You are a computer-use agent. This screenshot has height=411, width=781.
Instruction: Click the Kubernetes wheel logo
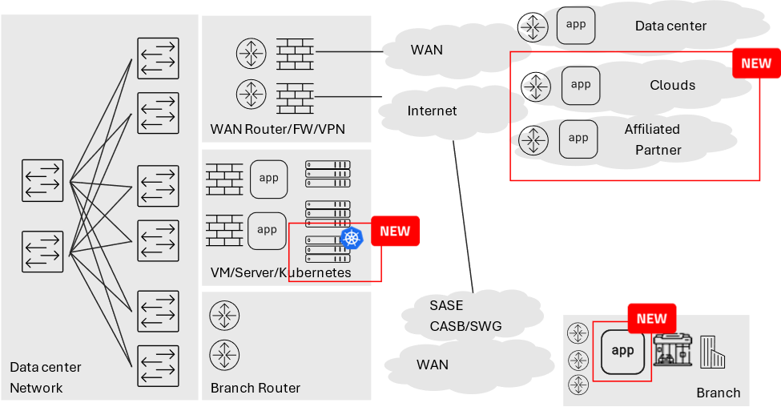point(352,237)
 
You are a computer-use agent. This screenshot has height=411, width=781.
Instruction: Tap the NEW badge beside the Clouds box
point(755,63)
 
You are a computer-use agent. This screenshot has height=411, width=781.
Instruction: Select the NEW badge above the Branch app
point(651,318)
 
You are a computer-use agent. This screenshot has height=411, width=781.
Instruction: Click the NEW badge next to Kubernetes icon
point(394,231)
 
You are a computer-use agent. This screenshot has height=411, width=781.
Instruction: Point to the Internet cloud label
point(432,111)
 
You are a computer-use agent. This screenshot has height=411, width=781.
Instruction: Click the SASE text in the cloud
point(446,305)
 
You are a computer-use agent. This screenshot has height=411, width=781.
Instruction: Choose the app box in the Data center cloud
point(576,24)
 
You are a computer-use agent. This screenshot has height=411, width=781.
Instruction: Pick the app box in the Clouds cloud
point(581,85)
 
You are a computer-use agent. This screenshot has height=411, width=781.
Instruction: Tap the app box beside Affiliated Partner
point(578,138)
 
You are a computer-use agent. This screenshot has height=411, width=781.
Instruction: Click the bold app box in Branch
point(622,351)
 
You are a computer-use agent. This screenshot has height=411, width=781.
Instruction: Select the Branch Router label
point(256,388)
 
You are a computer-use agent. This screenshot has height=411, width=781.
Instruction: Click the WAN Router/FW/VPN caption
point(277,128)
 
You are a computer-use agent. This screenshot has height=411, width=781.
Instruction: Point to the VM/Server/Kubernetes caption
point(280,272)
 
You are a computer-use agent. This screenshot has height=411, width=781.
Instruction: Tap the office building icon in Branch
point(712,352)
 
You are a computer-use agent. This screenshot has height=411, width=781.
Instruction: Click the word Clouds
point(672,85)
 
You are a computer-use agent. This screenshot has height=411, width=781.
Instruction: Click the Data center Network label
point(45,377)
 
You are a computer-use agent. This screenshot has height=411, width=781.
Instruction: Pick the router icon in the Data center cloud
point(533,30)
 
